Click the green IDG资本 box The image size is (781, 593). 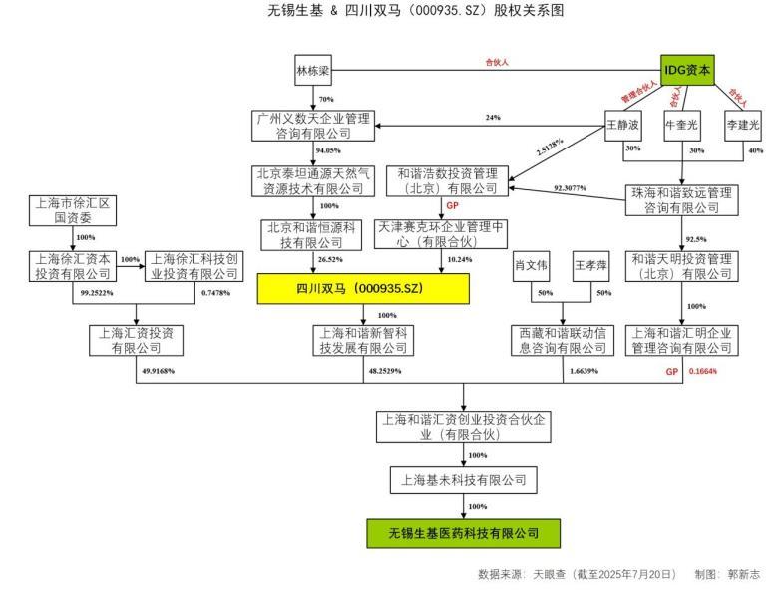point(689,71)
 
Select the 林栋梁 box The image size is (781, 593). point(312,72)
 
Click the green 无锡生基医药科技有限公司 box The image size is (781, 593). point(463,532)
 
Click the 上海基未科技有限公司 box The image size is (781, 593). point(463,480)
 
